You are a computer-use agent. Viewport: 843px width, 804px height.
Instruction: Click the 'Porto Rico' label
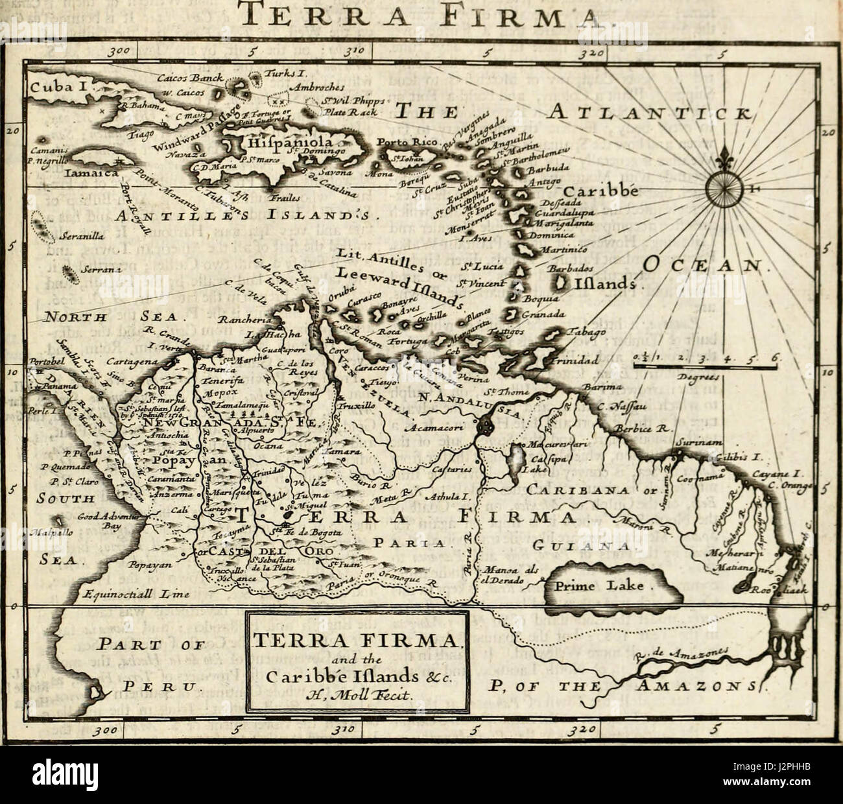(x=408, y=142)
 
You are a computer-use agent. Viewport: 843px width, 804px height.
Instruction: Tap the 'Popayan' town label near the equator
(x=149, y=565)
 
